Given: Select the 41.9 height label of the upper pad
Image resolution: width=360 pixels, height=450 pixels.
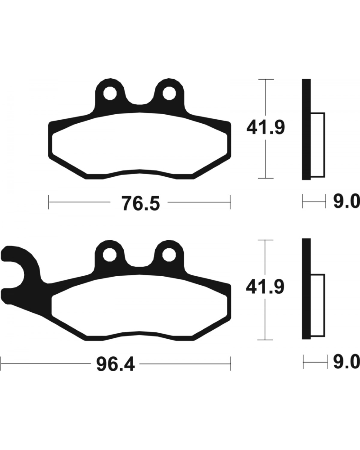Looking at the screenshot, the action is [266, 128].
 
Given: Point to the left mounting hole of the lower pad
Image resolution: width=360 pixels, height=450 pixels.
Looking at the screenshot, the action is [109, 254].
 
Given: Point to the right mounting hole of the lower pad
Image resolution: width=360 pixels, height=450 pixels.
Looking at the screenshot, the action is [169, 254].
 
